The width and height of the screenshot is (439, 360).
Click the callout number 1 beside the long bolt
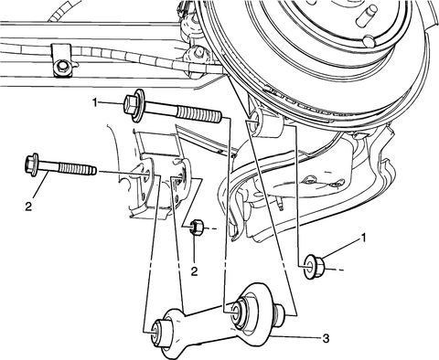click(x=95, y=102)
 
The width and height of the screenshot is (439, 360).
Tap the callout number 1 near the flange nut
click(x=363, y=238)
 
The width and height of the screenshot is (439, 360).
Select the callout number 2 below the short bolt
click(x=28, y=207)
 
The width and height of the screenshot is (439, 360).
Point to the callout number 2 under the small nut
click(x=194, y=270)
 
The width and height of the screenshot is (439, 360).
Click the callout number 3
click(x=326, y=338)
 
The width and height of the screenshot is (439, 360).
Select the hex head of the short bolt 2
click(x=30, y=164)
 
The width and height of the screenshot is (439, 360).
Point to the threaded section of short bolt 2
click(x=76, y=168)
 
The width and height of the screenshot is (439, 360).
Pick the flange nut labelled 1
click(x=315, y=266)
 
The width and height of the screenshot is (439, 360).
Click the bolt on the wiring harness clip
click(x=63, y=65)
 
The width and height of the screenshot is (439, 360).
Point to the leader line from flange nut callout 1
click(x=340, y=249)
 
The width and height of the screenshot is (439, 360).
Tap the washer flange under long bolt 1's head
click(x=139, y=106)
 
